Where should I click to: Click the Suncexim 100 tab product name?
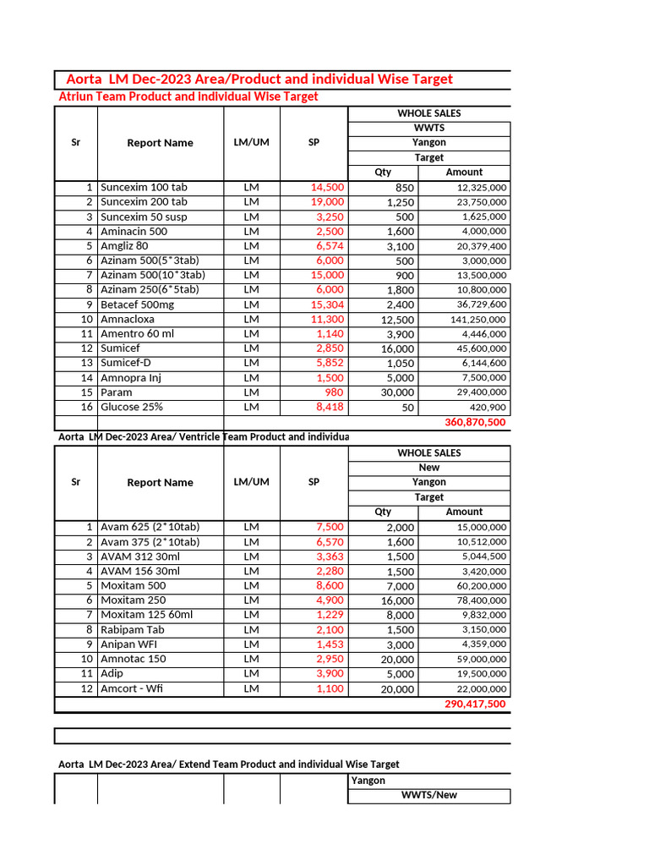point(144,187)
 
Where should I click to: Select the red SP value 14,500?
point(327,187)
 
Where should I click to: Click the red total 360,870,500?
point(475,422)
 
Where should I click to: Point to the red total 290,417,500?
point(475,704)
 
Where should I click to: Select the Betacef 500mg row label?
point(138,304)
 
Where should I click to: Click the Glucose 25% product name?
point(132,407)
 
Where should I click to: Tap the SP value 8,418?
point(330,407)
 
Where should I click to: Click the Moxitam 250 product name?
point(134,600)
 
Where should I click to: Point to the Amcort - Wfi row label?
point(132,688)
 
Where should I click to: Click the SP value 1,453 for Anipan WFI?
point(330,644)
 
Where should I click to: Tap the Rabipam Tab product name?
point(134,630)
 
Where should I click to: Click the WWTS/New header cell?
point(429,795)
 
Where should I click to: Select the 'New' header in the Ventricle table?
point(429,468)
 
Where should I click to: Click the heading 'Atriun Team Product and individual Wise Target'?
point(188,96)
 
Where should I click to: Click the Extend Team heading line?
point(228,764)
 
